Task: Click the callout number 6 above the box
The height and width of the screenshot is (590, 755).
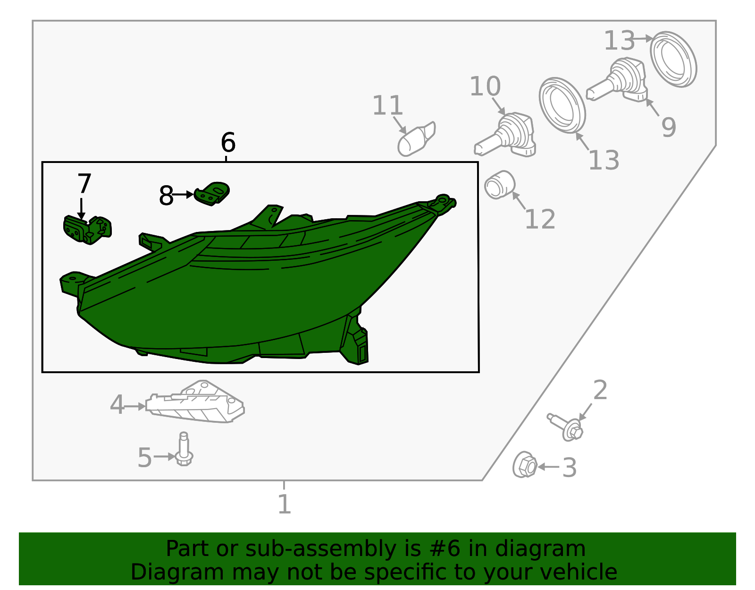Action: coord(228,142)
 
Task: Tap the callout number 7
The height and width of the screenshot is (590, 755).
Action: coord(84,184)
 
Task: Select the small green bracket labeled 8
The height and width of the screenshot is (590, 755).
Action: coord(212,193)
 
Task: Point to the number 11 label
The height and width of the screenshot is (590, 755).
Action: coord(387,105)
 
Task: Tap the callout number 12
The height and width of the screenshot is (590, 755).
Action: coord(540,219)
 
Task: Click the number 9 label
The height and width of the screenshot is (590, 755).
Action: coord(668,127)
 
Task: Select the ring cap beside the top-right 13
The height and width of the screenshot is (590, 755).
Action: coord(673,59)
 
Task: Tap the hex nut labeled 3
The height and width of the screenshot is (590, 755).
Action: coord(525,465)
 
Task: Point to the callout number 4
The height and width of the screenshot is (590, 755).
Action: coord(117,405)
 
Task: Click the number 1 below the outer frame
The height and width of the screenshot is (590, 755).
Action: coord(284,504)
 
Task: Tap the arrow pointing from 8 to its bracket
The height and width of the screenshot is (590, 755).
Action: coord(183,194)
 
